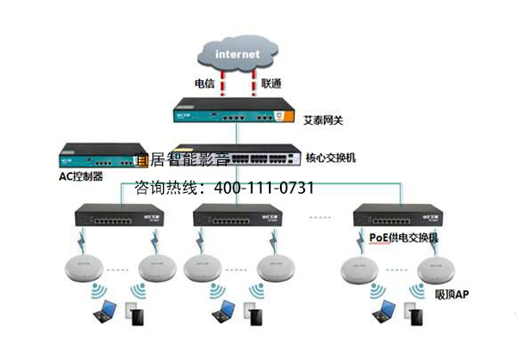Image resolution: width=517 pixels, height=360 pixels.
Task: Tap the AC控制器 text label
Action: coord(81,176)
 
